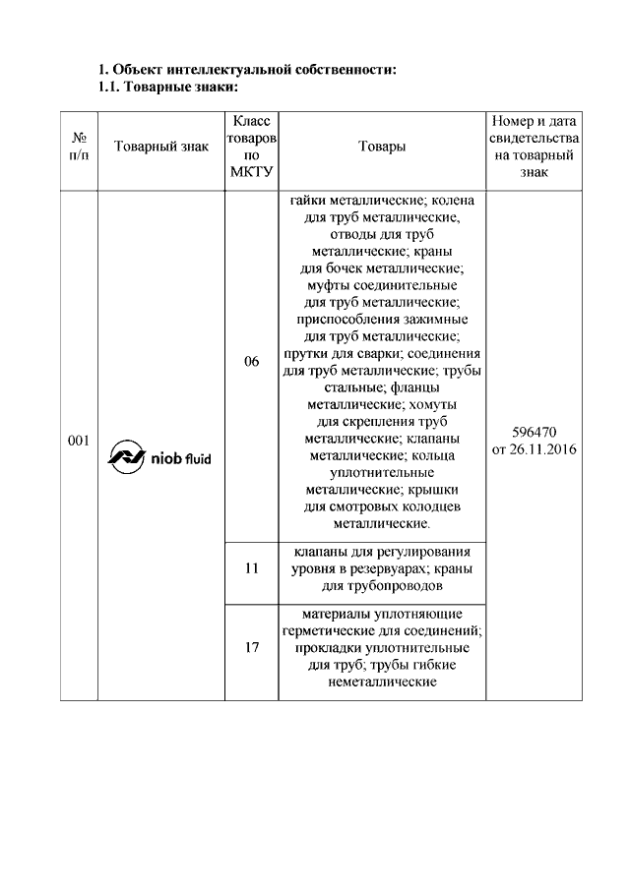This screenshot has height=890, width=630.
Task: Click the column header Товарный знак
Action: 161,147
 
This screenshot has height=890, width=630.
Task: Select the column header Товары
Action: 382,147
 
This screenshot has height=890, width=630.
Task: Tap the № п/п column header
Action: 79,147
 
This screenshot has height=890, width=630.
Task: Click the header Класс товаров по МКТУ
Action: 252,147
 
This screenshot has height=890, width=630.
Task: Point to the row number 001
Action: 79,441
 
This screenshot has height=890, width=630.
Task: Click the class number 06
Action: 252,362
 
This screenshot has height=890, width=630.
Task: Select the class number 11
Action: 252,568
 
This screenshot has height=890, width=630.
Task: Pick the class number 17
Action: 252,647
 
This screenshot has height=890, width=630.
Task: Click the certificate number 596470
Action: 534,432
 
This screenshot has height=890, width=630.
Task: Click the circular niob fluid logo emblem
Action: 126,456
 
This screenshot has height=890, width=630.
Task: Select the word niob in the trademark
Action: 166,457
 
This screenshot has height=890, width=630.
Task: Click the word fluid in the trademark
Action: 197,457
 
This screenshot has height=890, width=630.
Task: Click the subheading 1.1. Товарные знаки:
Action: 167,88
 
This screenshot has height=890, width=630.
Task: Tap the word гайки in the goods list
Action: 308,201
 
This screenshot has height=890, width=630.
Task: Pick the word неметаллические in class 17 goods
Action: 382,682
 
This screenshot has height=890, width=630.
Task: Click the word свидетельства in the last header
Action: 534,138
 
